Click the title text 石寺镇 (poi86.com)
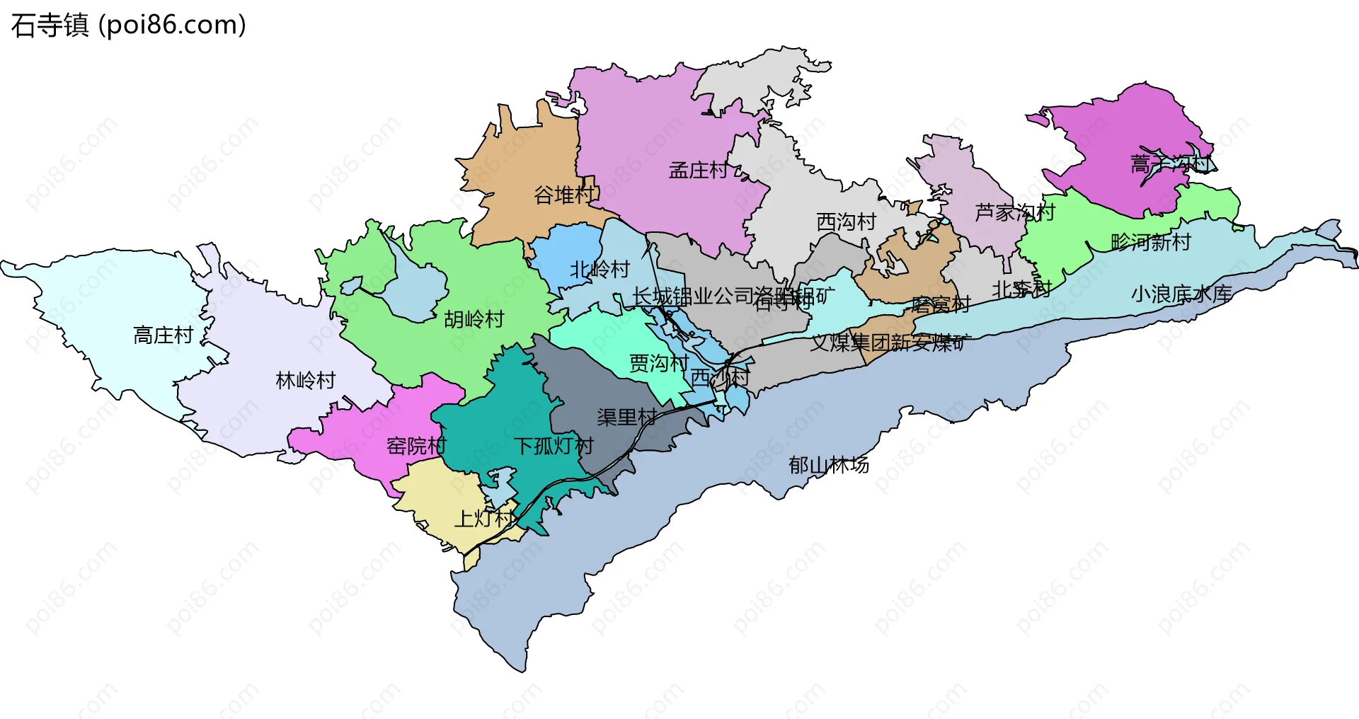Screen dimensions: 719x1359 tap(129, 25)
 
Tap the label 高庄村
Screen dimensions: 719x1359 tap(164, 335)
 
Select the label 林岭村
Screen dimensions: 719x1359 tap(305, 381)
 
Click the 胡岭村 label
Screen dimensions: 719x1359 tap(474, 320)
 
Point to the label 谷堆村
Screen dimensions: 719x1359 tap(565, 195)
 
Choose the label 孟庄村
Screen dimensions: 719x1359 tap(698, 171)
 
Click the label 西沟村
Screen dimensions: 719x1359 tap(846, 222)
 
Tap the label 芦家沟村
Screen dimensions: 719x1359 tap(1014, 212)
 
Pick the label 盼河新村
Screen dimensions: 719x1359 tap(1150, 243)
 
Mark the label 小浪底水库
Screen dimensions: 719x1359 tap(1181, 294)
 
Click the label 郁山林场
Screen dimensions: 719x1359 tap(828, 466)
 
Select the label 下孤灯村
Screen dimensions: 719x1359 tap(553, 447)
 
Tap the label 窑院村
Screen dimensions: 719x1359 tap(416, 447)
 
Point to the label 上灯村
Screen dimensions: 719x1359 tap(485, 519)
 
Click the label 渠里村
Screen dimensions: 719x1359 tap(626, 418)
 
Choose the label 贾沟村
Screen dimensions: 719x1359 tap(659, 364)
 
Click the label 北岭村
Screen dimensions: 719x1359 tap(600, 270)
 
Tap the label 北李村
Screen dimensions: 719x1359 tap(1021, 289)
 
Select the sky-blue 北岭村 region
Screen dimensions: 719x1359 tap(563, 248)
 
